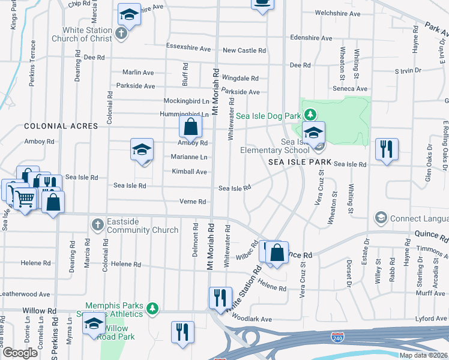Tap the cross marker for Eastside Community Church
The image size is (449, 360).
97,224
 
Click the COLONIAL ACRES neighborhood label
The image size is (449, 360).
52,127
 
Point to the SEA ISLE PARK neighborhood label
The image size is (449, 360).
300,163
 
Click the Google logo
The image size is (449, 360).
20,353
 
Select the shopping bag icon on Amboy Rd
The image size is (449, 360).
190,127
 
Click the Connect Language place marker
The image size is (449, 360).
380,217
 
